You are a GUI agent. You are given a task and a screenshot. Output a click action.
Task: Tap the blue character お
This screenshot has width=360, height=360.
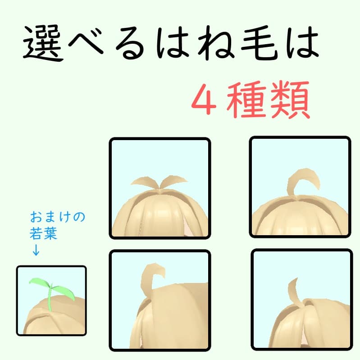(36, 218)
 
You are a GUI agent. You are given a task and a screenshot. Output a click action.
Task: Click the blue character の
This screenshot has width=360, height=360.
(79, 218)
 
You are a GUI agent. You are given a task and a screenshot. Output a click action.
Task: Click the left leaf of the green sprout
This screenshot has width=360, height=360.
(38, 283)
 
